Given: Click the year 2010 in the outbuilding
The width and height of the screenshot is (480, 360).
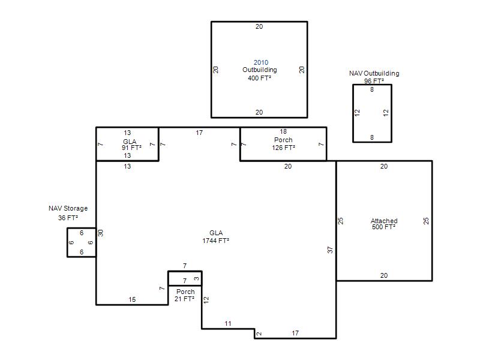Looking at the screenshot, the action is pyautogui.click(x=261, y=62).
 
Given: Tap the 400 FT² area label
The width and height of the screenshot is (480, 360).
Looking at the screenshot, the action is pyautogui.click(x=260, y=78).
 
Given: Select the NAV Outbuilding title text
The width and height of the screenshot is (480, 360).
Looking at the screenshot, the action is pyautogui.click(x=374, y=73).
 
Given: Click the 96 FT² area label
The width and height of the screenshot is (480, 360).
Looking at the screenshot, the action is pyautogui.click(x=374, y=81).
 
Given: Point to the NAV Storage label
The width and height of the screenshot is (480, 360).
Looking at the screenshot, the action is pyautogui.click(x=68, y=208).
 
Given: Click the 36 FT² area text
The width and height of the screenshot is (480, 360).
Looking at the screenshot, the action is pyautogui.click(x=68, y=218).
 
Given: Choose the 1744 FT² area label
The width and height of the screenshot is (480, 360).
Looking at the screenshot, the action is pyautogui.click(x=216, y=241).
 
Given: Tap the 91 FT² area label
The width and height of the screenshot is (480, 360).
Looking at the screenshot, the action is pyautogui.click(x=131, y=148).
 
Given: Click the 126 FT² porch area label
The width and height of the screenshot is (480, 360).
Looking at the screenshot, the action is pyautogui.click(x=283, y=148).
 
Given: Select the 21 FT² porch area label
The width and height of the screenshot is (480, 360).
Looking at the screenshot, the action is pyautogui.click(x=184, y=299).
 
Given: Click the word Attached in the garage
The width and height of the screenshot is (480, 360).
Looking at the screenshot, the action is pyautogui.click(x=384, y=221).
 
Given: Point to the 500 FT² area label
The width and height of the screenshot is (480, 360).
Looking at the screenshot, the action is pyautogui.click(x=384, y=227).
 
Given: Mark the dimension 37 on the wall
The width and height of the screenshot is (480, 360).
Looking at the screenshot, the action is pyautogui.click(x=330, y=250).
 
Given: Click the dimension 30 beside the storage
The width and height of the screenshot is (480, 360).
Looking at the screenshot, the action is pyautogui.click(x=101, y=233).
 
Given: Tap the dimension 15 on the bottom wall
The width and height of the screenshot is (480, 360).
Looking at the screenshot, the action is pyautogui.click(x=132, y=299).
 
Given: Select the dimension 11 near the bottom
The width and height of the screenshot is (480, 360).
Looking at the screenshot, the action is pyautogui.click(x=228, y=323).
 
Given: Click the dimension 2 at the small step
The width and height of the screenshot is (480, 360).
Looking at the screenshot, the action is pyautogui.click(x=259, y=334).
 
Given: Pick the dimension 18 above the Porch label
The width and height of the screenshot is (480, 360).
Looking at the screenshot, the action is pyautogui.click(x=283, y=131).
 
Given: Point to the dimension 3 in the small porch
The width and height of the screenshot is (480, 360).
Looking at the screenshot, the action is pyautogui.click(x=197, y=278).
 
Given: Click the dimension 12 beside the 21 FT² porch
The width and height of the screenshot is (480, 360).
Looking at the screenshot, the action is pyautogui.click(x=206, y=299).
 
